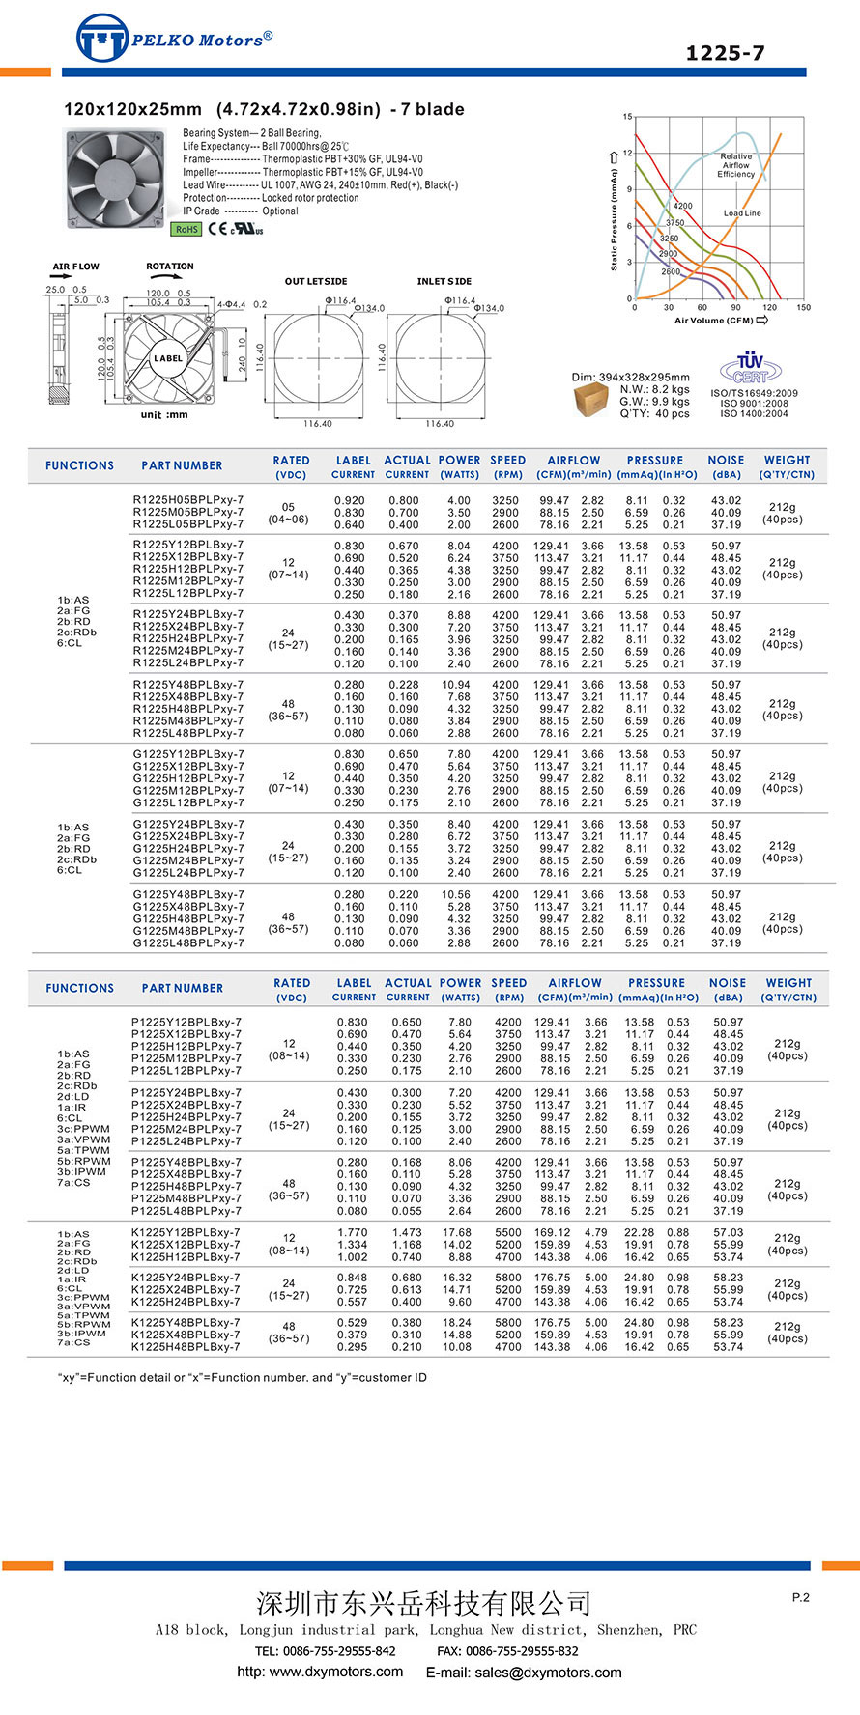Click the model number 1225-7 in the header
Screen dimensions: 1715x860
(725, 53)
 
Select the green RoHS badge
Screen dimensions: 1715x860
(186, 229)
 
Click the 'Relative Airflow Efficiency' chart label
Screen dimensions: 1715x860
(735, 165)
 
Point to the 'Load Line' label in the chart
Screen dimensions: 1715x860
(742, 213)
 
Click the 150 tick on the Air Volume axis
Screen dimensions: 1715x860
(804, 308)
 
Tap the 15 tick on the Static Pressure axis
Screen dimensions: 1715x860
(627, 117)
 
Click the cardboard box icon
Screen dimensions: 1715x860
(591, 399)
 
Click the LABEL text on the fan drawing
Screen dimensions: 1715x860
(168, 358)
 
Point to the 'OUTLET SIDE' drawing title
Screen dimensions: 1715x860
(316, 281)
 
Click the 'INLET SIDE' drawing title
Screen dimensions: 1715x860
(444, 281)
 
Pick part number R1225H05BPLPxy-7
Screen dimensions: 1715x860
(188, 500)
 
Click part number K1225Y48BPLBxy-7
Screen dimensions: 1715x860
(186, 1323)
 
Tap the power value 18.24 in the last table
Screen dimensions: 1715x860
(457, 1323)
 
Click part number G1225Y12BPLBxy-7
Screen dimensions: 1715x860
(188, 754)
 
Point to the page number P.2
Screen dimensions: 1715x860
(800, 1597)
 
